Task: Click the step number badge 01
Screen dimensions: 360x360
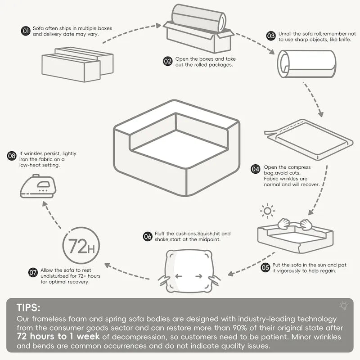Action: [26, 31]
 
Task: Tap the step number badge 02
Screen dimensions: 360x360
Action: [168, 61]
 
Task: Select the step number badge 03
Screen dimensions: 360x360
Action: [271, 36]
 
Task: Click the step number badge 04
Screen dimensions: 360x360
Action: [256, 170]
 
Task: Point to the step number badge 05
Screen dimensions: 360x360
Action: [265, 267]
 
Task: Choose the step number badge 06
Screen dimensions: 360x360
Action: [148, 236]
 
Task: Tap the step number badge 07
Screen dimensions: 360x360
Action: [33, 272]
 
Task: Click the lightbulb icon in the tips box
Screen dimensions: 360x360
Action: [344, 306]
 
